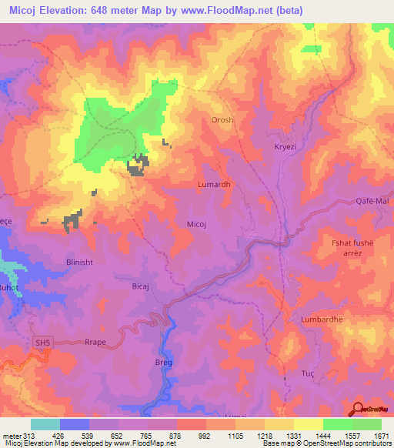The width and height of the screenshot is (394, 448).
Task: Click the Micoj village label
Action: pyautogui.click(x=196, y=224)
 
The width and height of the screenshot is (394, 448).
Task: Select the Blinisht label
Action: pyautogui.click(x=73, y=261)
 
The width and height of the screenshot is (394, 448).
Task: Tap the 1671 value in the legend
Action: pyautogui.click(x=382, y=436)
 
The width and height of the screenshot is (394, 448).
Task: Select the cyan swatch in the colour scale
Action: pyautogui.click(x=45, y=424)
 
